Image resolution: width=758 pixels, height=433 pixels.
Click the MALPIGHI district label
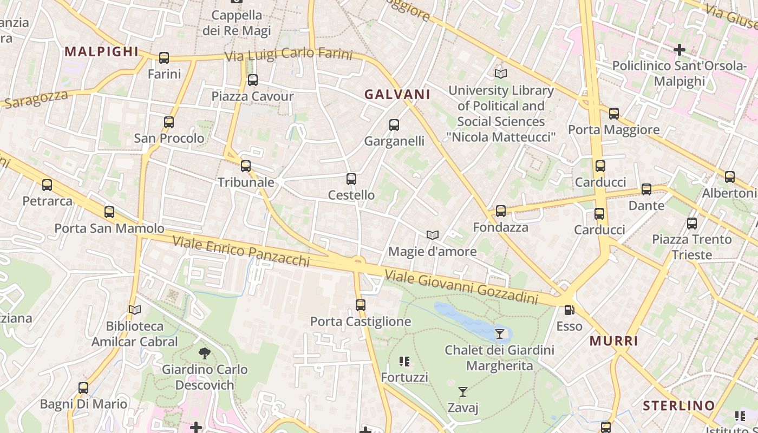pos(101,51)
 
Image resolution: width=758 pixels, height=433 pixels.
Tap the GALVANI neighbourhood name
pos(397,94)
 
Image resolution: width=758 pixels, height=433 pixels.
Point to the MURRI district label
pos(613,341)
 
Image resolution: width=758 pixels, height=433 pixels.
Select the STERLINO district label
pos(679,405)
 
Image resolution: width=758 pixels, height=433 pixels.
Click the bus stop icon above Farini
pos(164,58)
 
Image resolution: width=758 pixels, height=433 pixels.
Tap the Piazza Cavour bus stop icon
pos(252,81)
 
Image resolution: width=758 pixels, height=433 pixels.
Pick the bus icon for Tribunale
pos(246,166)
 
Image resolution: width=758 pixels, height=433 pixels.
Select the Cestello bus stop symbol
pos(351,179)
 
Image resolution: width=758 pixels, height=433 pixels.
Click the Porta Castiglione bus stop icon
pos(361,305)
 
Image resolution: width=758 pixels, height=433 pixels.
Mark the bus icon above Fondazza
pos(501,211)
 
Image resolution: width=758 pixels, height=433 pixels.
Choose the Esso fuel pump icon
pos(569,310)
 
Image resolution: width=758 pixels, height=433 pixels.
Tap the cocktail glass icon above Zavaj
pos(463,391)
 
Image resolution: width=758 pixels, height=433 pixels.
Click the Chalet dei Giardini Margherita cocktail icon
pos(500,334)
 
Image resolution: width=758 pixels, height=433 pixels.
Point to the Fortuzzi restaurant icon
pos(404,361)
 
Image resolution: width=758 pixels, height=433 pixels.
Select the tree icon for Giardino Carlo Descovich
pos(205,353)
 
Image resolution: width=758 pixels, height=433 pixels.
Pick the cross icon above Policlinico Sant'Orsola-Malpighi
pos(679,50)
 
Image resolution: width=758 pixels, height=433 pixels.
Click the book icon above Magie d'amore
pos(432,235)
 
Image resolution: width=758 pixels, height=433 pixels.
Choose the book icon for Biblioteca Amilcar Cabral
pos(135,310)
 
